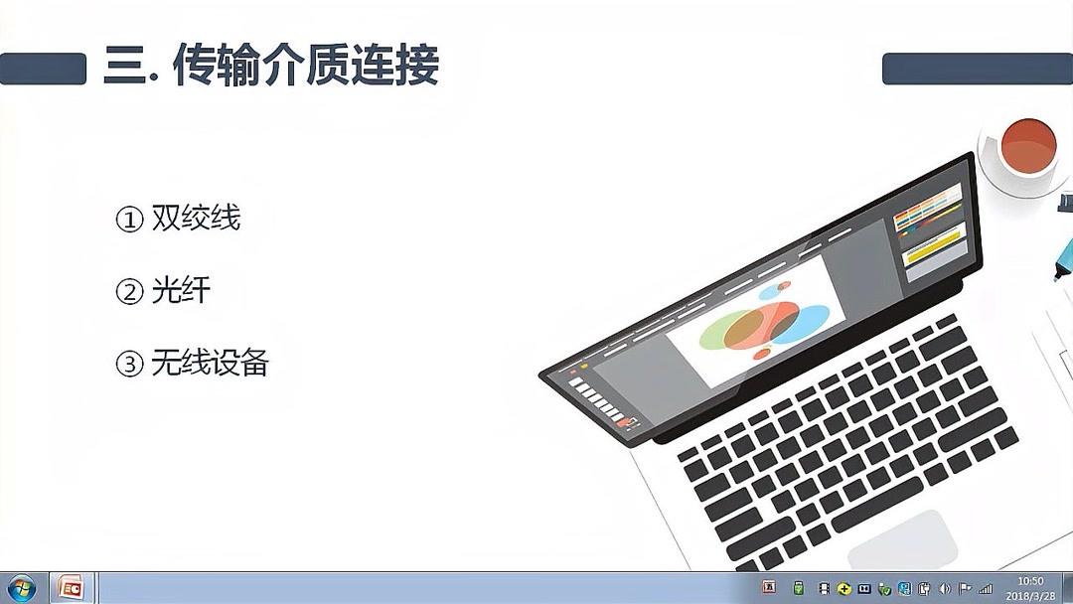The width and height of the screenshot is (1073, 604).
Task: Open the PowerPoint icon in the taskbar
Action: pos(72,588)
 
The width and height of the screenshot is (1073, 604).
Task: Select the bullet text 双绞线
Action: pos(196,219)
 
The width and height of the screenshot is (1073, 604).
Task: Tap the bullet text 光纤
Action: pos(181,291)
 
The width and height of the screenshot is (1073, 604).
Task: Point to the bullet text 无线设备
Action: pos(210,364)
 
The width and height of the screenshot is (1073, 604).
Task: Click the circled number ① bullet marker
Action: pos(130,220)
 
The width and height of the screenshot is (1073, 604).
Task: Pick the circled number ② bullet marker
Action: pos(130,292)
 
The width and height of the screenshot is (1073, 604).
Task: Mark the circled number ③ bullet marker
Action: pos(130,365)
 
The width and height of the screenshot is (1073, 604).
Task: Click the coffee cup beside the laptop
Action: pos(1027,150)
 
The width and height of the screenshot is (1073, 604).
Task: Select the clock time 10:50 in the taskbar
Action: pos(1030,581)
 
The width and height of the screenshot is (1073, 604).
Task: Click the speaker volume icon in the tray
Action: pos(944,589)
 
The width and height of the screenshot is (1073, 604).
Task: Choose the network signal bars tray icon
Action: pos(986,589)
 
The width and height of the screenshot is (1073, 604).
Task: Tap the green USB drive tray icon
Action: pos(798,589)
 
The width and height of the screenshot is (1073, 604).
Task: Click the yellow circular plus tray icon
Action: pos(843,589)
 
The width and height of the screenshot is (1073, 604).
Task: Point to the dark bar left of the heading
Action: pos(43,69)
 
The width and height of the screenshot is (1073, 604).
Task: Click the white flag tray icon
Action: pos(964,589)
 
